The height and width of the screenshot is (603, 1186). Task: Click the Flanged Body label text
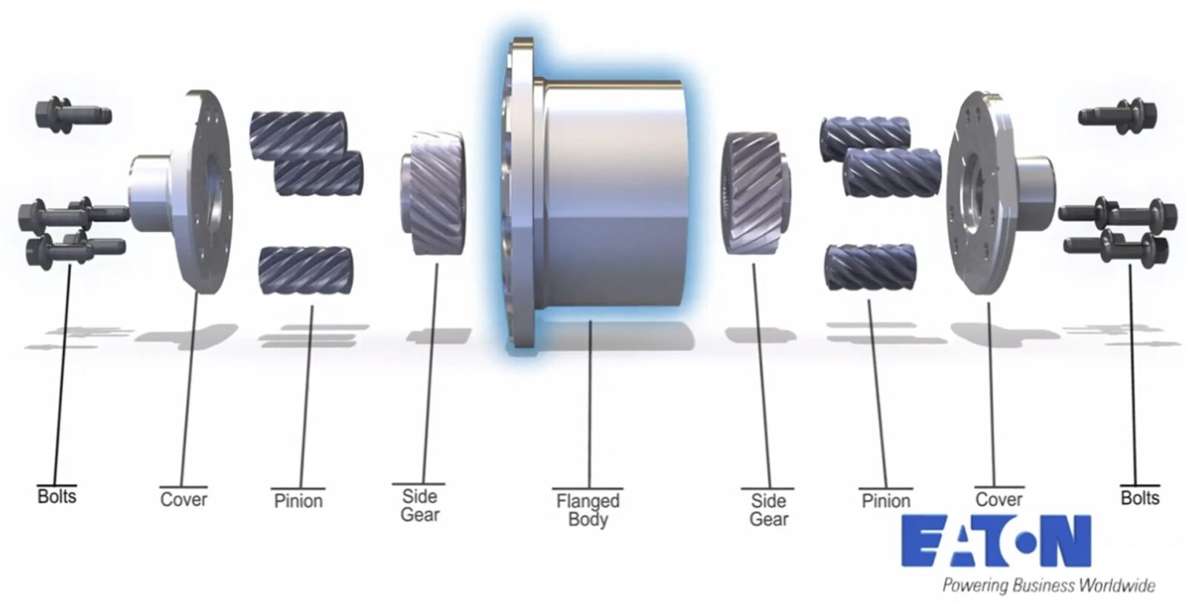pyautogui.click(x=588, y=510)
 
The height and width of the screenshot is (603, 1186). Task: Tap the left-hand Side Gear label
pyautogui.click(x=420, y=505)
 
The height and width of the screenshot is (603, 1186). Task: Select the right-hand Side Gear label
pyautogui.click(x=768, y=510)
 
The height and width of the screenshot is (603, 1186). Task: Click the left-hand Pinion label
pyautogui.click(x=298, y=501)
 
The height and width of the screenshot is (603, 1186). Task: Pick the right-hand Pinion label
pyautogui.click(x=886, y=501)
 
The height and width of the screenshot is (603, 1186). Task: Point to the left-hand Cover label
pyautogui.click(x=183, y=499)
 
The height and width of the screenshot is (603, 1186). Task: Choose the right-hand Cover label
pyautogui.click(x=998, y=499)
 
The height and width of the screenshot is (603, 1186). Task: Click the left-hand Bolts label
pyautogui.click(x=56, y=496)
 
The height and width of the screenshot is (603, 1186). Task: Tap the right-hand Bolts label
pyautogui.click(x=1139, y=497)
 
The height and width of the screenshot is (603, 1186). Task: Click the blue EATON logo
pyautogui.click(x=995, y=542)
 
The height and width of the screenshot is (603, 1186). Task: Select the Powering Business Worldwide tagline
pyautogui.click(x=1048, y=585)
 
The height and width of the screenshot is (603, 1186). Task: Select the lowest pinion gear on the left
pyautogui.click(x=305, y=270)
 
